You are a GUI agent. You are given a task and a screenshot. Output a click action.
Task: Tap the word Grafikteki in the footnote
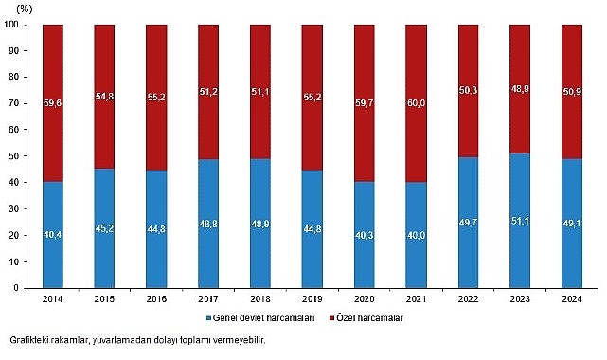(31, 340)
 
